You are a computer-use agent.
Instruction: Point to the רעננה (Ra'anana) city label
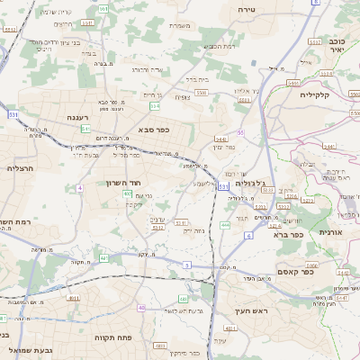pyautogui.click(x=76, y=117)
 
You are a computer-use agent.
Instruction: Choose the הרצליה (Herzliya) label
pyautogui.click(x=20, y=168)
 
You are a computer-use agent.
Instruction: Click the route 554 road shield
pyautogui.click(x=155, y=105)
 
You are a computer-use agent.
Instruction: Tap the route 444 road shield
pyautogui.click(x=224, y=225)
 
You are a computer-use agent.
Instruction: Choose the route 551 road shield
pyautogui.click(x=103, y=9)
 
